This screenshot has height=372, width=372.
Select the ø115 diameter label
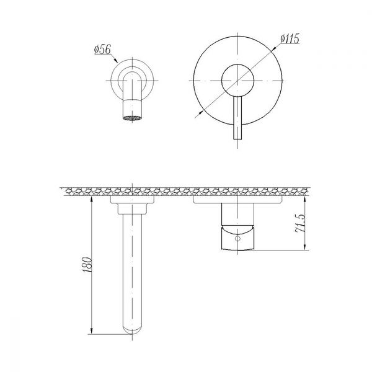tap(290, 39)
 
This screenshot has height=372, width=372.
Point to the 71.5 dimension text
tap(300, 223)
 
